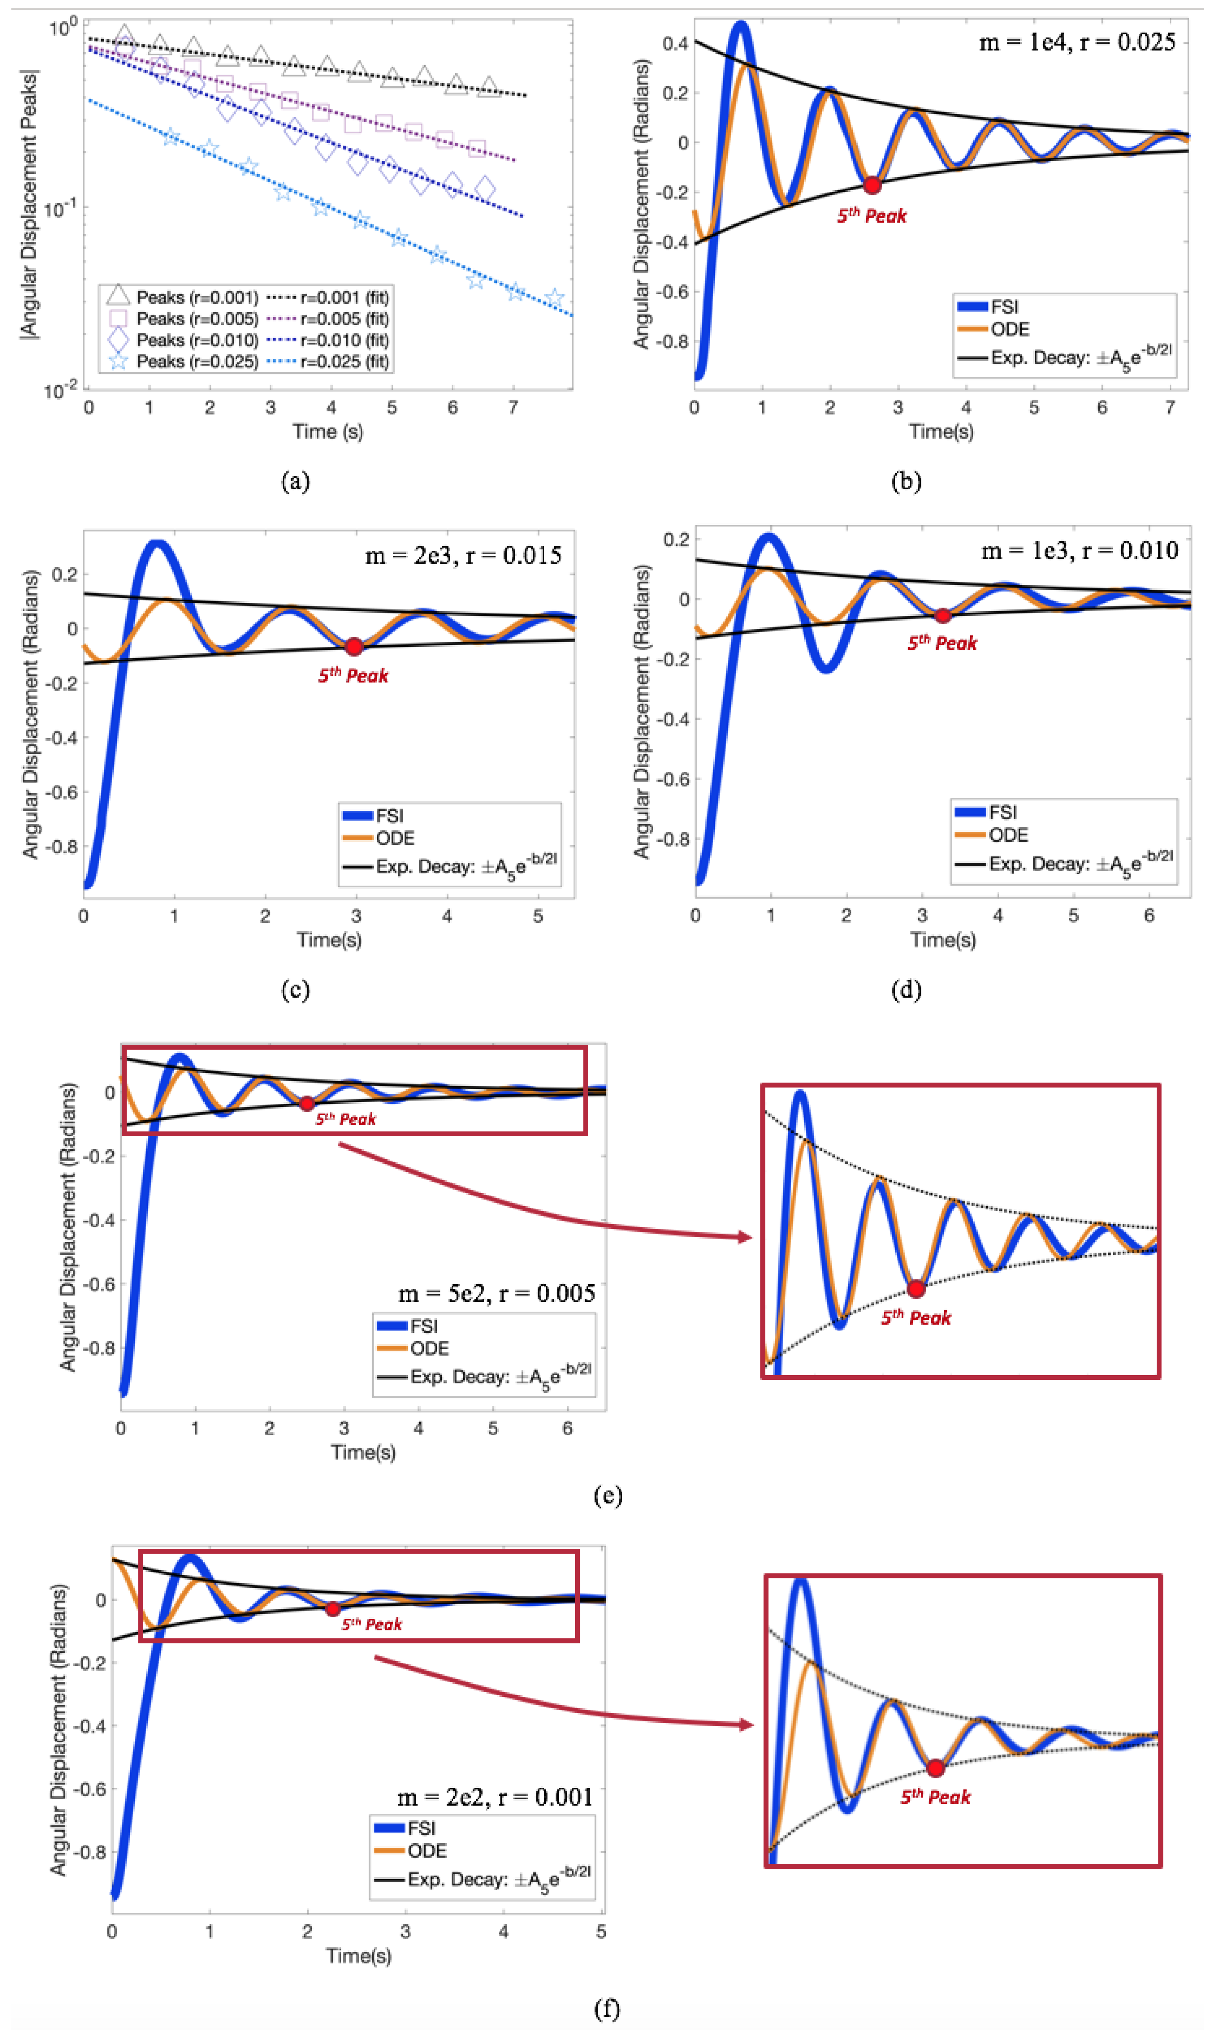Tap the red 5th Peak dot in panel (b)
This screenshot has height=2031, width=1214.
point(872,185)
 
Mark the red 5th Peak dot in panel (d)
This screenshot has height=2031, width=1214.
point(942,615)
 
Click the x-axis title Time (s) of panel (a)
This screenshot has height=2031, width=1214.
point(328,431)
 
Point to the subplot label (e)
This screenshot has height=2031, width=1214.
point(607,1496)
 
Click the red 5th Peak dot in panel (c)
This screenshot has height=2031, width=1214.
point(354,646)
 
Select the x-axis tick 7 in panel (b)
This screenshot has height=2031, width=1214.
point(1170,408)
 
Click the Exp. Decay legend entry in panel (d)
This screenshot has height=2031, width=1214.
point(1063,864)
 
